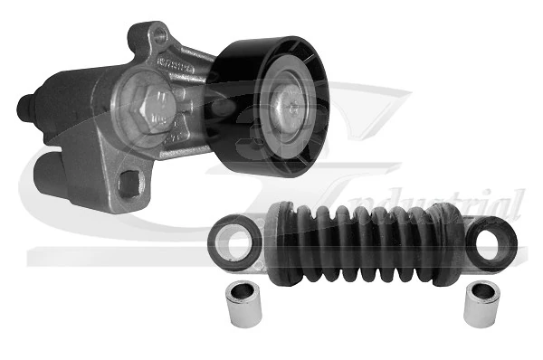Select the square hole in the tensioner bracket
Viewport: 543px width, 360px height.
(129, 184)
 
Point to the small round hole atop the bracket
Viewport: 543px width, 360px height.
(160, 38)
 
